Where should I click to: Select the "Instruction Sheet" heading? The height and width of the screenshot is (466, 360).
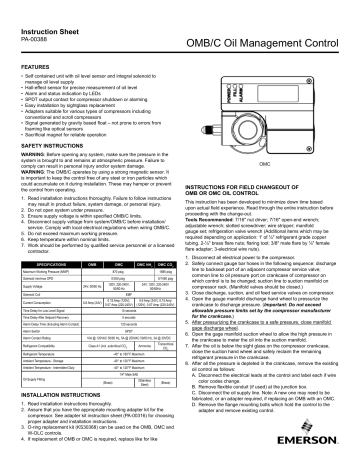48,9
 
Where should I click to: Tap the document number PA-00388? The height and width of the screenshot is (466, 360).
30,20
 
